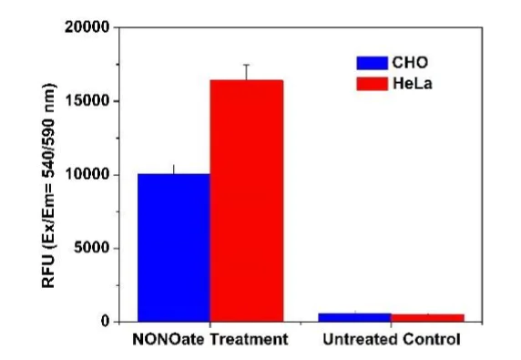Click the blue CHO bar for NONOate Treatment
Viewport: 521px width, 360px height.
(174, 247)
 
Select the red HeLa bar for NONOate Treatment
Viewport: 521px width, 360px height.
(246, 201)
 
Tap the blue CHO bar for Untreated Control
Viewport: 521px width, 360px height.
(355, 316)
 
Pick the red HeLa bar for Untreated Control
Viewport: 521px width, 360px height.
(427, 317)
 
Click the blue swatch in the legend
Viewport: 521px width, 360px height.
(371, 63)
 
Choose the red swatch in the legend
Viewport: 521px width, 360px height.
(371, 84)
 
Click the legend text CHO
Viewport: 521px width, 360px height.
(410, 63)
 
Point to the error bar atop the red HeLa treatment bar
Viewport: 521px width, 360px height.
(246, 72)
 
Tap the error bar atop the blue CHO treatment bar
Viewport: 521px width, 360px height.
(174, 169)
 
